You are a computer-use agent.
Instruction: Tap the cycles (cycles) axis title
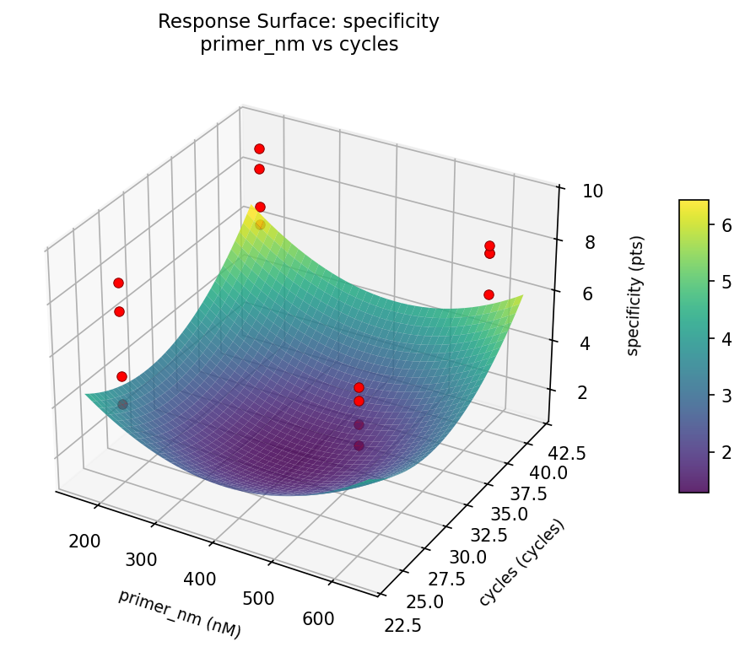point(521,563)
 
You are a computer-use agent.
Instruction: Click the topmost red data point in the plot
point(259,148)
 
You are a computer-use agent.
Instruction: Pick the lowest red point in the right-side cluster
point(489,294)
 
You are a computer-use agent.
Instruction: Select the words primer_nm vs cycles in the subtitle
point(299,45)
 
